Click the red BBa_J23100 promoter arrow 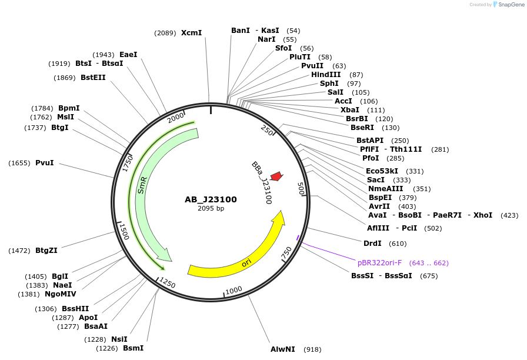click(x=277, y=176)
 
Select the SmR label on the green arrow click(x=142, y=185)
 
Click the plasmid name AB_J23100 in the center click(x=211, y=199)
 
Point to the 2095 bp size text click(x=211, y=208)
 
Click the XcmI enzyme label click(x=192, y=32)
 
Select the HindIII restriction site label click(x=326, y=75)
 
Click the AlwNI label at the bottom click(x=283, y=349)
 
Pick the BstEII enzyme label click(x=93, y=77)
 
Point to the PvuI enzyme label click(x=44, y=163)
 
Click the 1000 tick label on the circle click(x=234, y=290)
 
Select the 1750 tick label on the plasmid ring click(x=128, y=164)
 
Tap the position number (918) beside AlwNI click(x=312, y=349)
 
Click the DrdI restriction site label click(x=372, y=243)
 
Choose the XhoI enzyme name click(x=483, y=215)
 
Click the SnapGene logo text click(x=511, y=5)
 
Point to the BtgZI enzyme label click(x=46, y=251)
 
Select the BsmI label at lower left click(x=134, y=348)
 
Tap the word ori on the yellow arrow click(x=246, y=262)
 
